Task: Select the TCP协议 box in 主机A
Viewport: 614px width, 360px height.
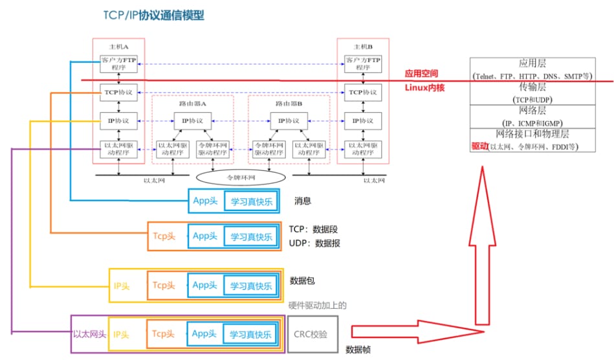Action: [x=118, y=93]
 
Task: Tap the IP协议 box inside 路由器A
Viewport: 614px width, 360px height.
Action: [x=192, y=120]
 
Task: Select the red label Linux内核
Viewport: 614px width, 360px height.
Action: [x=425, y=87]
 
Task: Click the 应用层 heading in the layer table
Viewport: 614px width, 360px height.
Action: [x=532, y=63]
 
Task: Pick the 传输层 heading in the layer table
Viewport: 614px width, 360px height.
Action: [x=532, y=87]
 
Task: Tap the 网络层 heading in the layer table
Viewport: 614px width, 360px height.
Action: [x=532, y=111]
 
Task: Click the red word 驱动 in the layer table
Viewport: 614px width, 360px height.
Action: [x=479, y=146]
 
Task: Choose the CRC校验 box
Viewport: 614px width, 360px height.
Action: [x=312, y=335]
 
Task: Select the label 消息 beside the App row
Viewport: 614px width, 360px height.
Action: [x=303, y=201]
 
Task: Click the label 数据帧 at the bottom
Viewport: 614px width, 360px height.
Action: [x=358, y=350]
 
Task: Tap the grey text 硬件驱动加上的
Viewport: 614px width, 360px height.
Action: [x=317, y=304]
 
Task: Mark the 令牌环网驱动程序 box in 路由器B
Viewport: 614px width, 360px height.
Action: [x=269, y=150]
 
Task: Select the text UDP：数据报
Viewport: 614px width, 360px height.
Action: [x=314, y=243]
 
